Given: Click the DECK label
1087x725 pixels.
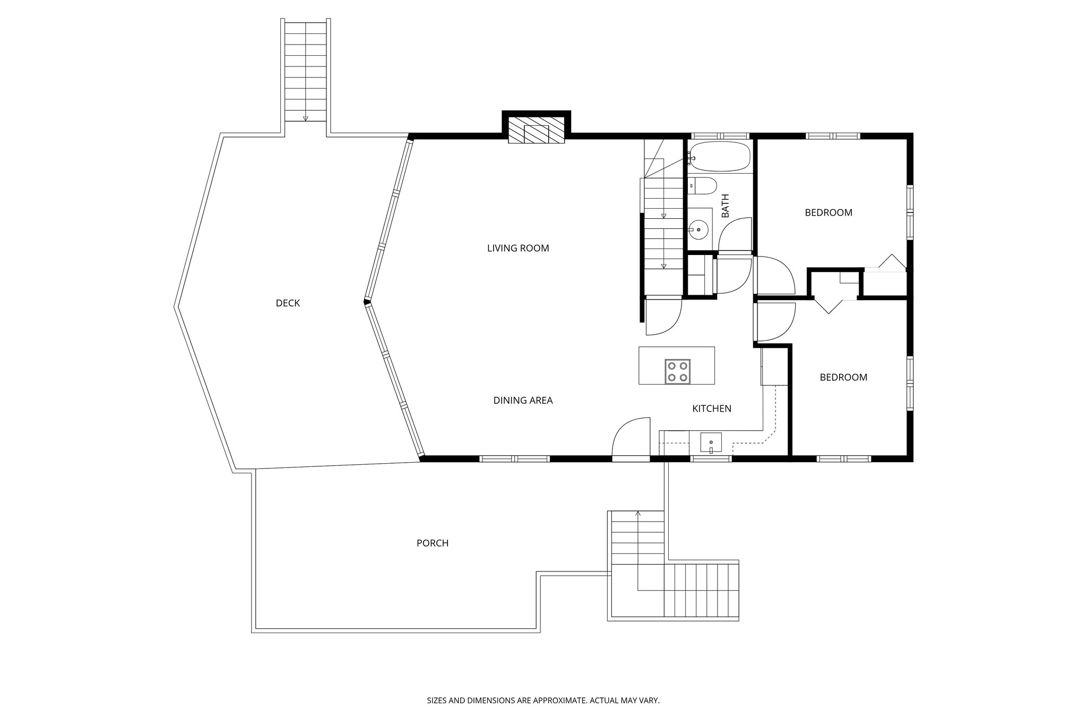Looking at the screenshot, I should click(x=288, y=303).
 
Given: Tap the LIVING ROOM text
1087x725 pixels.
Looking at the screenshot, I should click(x=518, y=248).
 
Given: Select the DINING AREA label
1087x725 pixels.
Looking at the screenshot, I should click(x=523, y=400).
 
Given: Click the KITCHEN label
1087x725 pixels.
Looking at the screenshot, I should click(x=712, y=408).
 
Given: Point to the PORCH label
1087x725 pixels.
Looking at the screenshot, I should click(x=432, y=543).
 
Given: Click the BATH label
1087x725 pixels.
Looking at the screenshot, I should click(x=725, y=206).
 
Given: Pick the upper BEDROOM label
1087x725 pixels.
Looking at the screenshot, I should click(x=828, y=212).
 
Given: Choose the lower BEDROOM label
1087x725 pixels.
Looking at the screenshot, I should click(x=843, y=377).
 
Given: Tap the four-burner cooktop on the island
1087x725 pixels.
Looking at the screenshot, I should click(x=677, y=371).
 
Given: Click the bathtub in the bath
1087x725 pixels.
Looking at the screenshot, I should click(x=719, y=156).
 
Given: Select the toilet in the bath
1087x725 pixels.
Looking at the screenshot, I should click(x=702, y=185).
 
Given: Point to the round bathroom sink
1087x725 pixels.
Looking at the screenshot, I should click(x=699, y=230).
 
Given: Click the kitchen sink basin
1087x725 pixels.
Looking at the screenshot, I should click(x=711, y=442).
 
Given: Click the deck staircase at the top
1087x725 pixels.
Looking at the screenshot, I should click(x=305, y=72).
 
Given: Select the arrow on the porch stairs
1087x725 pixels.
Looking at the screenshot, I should click(x=638, y=514).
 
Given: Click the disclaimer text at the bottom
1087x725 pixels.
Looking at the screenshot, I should click(x=543, y=701).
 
